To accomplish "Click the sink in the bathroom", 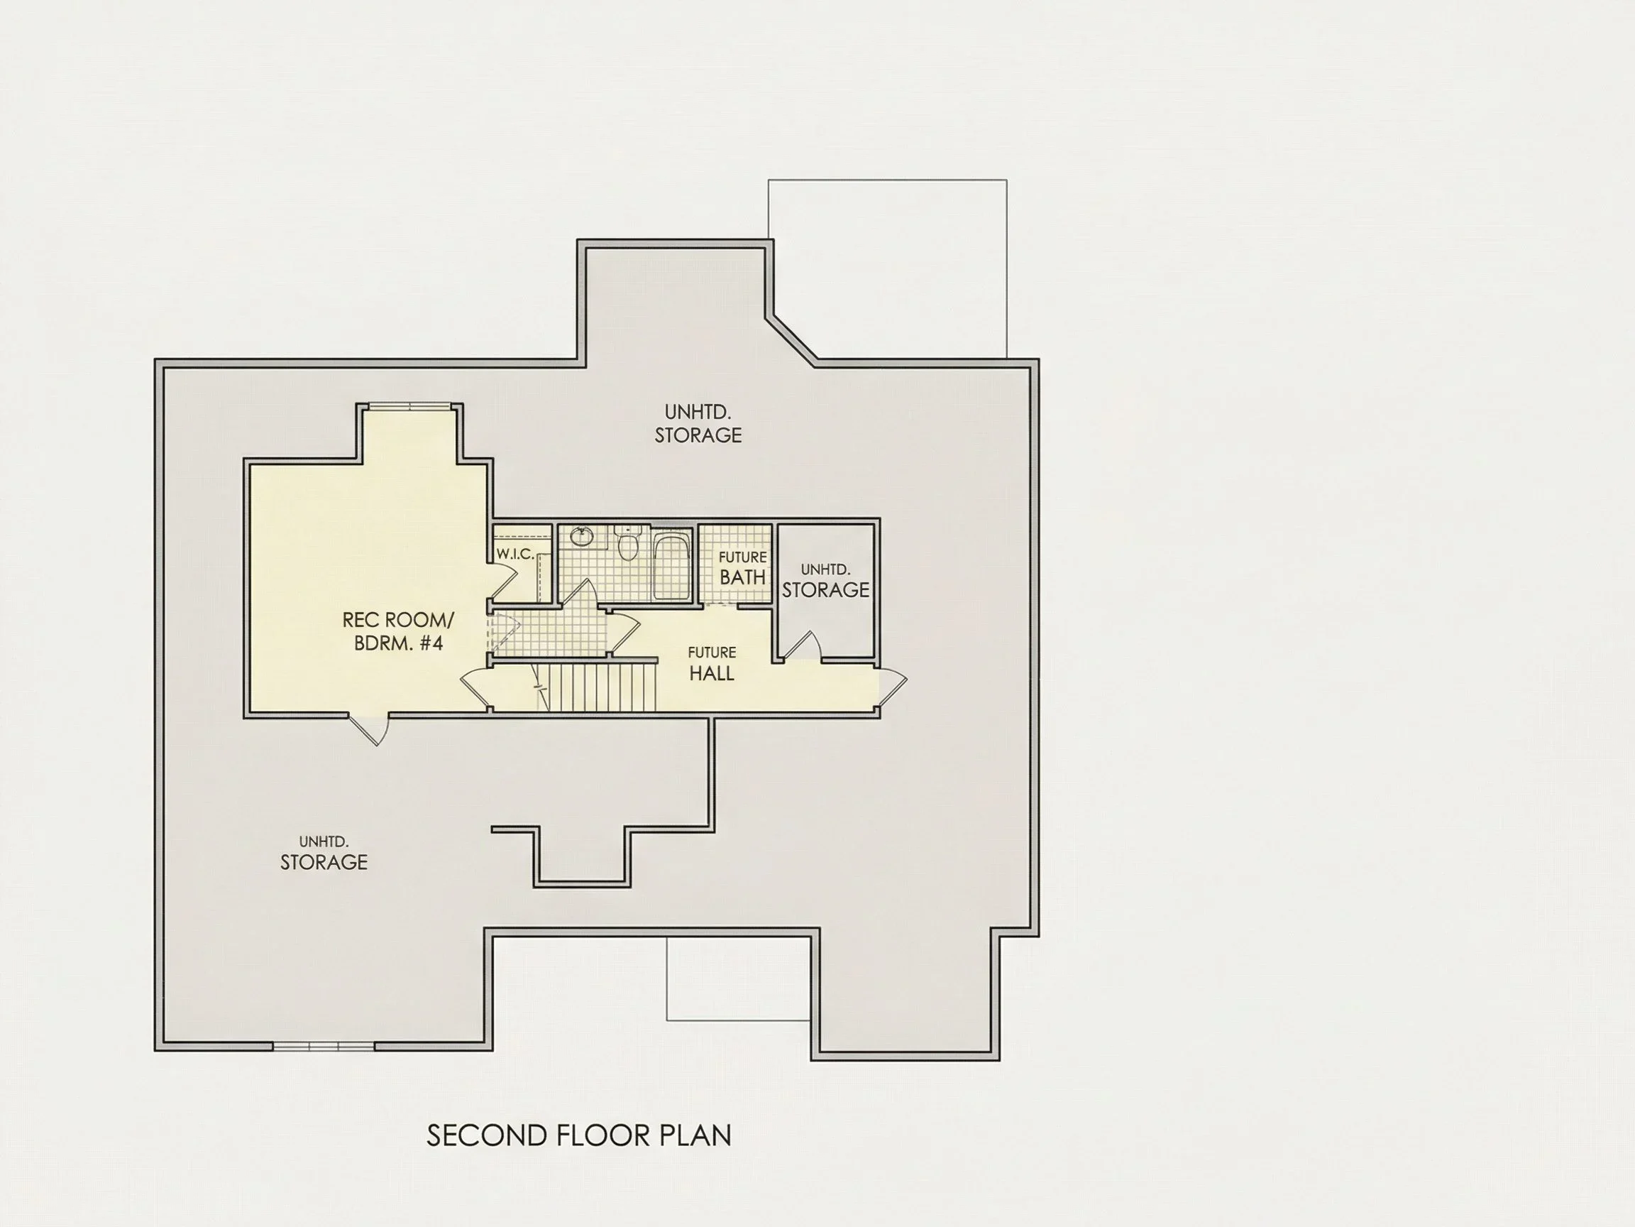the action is pos(582,535).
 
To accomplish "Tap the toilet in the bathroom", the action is pos(627,544).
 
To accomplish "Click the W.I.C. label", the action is pos(515,553).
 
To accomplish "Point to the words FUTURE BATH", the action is pos(743,568).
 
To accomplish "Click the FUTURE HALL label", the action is pos(712,663).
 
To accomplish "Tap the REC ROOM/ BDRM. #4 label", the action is pos(398,631).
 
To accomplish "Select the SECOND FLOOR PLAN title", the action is pos(579,1135).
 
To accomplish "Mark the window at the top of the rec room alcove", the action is pos(409,406).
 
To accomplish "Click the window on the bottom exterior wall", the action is pos(324,1046).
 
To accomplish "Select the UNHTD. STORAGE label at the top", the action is pos(698,424).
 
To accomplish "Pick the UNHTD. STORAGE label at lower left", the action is pos(324,853).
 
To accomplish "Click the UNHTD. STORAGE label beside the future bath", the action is pos(825,581).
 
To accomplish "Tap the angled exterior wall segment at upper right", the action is pos(792,340).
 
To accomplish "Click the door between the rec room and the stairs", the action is pos(477,686).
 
